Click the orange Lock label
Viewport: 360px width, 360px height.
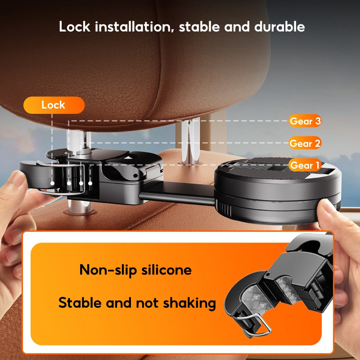(54, 105)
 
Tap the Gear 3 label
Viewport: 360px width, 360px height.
(305, 121)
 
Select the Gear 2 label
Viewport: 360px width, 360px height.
(305, 143)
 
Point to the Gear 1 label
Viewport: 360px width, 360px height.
(305, 165)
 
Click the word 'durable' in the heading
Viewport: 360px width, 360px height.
(279, 27)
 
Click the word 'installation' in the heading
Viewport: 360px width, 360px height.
(133, 27)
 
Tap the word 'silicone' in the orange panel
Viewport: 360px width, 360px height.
(166, 270)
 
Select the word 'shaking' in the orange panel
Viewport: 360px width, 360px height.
(189, 303)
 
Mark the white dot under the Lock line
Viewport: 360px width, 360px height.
(52, 183)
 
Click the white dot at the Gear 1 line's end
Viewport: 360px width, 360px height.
(90, 183)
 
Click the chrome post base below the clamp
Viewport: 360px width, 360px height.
(79, 208)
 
